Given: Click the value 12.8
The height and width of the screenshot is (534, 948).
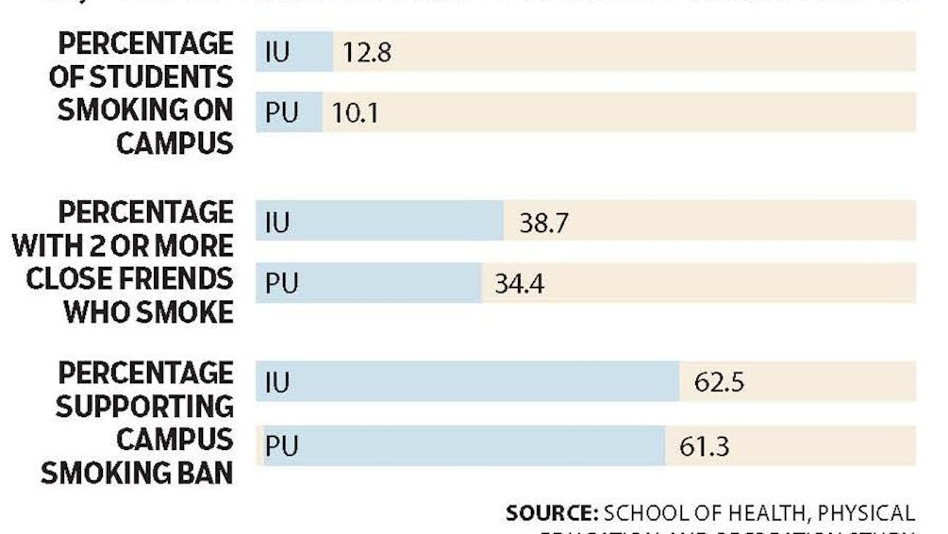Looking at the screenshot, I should pyautogui.click(x=367, y=52).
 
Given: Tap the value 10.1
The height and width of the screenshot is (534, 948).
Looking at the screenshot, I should pyautogui.click(x=355, y=113).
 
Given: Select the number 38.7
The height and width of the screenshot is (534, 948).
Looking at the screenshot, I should pyautogui.click(x=544, y=223).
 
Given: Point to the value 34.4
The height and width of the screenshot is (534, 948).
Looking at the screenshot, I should pyautogui.click(x=519, y=283).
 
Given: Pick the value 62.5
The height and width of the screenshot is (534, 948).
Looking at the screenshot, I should pyautogui.click(x=719, y=382).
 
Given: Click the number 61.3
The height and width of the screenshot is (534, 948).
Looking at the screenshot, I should pyautogui.click(x=704, y=447).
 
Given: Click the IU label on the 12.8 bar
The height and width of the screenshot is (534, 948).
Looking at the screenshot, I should pyautogui.click(x=277, y=52).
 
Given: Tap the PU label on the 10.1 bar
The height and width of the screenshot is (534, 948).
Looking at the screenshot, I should pyautogui.click(x=281, y=113).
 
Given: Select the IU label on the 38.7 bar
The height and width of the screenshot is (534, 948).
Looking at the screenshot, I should pyautogui.click(x=277, y=223).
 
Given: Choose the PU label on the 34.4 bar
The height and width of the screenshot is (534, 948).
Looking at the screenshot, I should pyautogui.click(x=281, y=283).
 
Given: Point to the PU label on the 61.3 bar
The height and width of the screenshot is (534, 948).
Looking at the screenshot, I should pyautogui.click(x=281, y=447).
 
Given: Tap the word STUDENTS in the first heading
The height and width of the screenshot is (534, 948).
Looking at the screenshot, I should pyautogui.click(x=161, y=77).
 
